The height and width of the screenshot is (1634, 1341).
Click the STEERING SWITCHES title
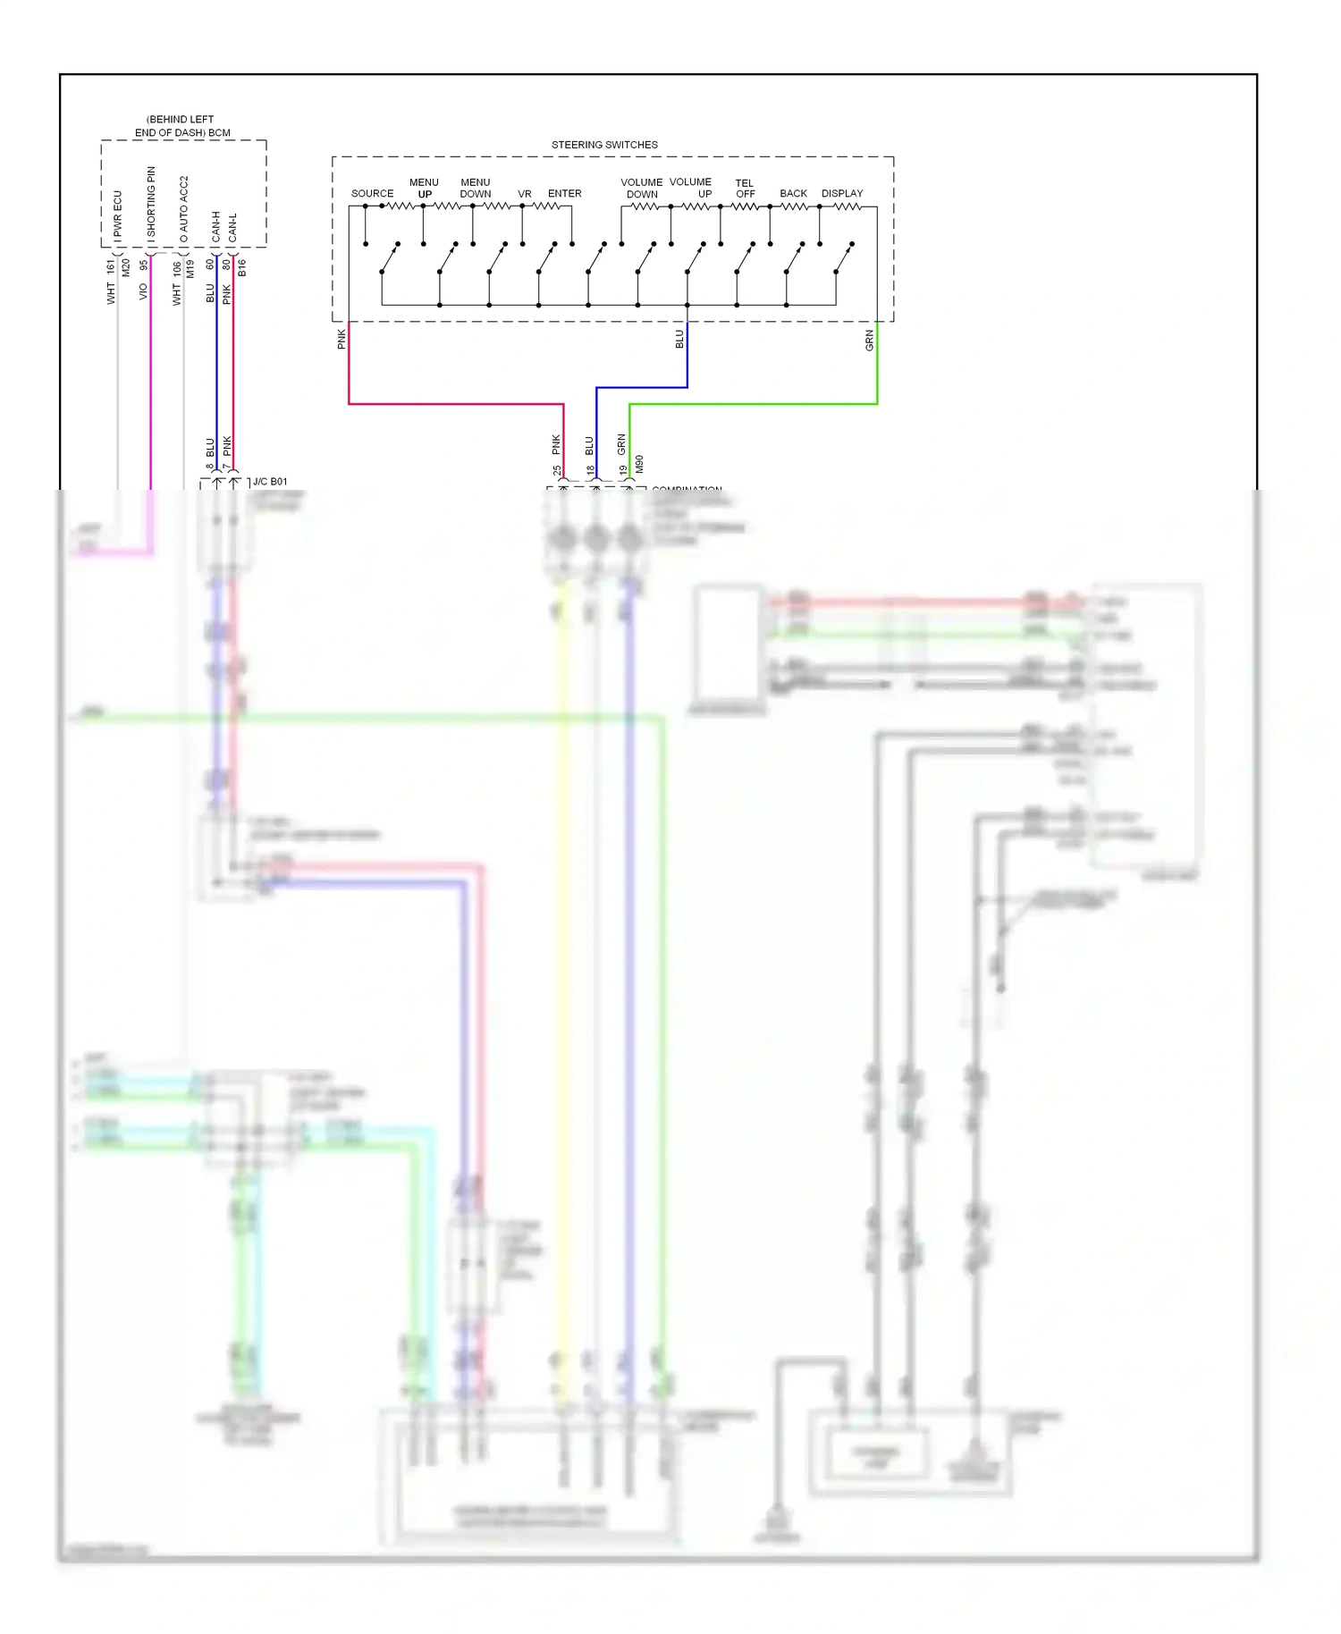pyautogui.click(x=604, y=145)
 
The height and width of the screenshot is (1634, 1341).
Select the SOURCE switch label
pyautogui.click(x=372, y=194)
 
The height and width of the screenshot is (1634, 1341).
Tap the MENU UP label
pyautogui.click(x=424, y=189)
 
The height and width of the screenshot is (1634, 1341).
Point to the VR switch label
pyautogui.click(x=525, y=194)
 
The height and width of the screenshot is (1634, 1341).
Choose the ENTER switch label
pyautogui.click(x=564, y=194)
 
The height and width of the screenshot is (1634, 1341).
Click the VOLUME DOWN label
pyautogui.click(x=642, y=189)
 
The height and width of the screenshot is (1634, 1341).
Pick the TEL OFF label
pyautogui.click(x=745, y=189)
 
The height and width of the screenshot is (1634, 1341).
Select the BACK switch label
pyautogui.click(x=793, y=194)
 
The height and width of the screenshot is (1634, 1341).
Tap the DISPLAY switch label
pyautogui.click(x=842, y=194)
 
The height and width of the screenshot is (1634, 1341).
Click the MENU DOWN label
pyautogui.click(x=476, y=189)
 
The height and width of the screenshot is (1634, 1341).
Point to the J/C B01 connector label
pyautogui.click(x=270, y=482)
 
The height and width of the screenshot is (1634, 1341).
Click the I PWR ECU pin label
pyautogui.click(x=117, y=217)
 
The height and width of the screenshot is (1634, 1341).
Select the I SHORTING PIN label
pyautogui.click(x=151, y=206)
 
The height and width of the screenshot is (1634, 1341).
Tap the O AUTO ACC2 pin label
pyautogui.click(x=184, y=210)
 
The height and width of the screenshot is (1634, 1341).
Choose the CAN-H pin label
pyautogui.click(x=216, y=227)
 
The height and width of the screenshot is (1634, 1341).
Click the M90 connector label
pyautogui.click(x=639, y=464)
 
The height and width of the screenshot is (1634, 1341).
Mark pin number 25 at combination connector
pyautogui.click(x=557, y=470)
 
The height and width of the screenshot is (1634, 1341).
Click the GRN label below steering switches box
pyautogui.click(x=869, y=341)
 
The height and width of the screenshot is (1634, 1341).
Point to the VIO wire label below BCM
pyautogui.click(x=143, y=291)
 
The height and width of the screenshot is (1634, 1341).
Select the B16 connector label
pyautogui.click(x=241, y=267)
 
